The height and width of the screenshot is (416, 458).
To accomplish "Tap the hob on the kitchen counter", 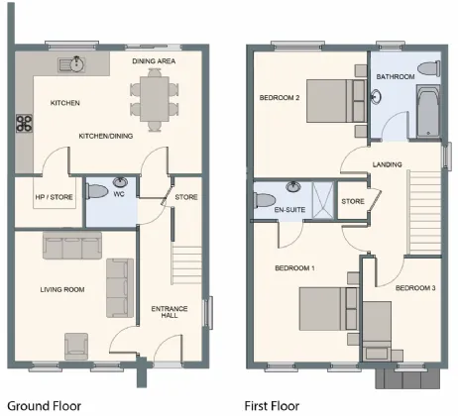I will click(23, 125).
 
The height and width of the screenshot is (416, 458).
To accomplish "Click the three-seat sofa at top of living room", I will click(67, 246).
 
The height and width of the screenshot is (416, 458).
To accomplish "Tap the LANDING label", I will click(388, 164).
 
